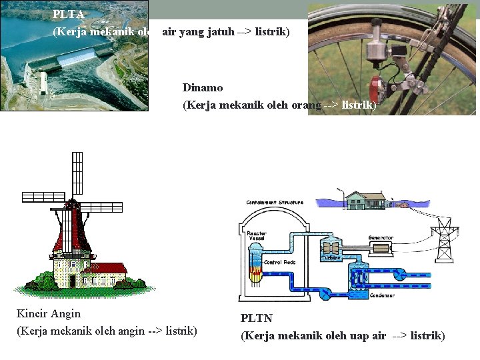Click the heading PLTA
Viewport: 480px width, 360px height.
pyautogui.click(x=68, y=14)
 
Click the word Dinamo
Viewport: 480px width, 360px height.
pyautogui.click(x=203, y=87)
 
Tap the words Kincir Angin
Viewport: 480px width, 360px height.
pyautogui.click(x=49, y=313)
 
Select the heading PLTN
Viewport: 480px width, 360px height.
pyautogui.click(x=257, y=319)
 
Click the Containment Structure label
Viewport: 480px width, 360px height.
pyautogui.click(x=275, y=202)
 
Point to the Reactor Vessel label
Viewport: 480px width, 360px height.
pyautogui.click(x=257, y=236)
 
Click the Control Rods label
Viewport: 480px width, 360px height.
pyautogui.click(x=281, y=262)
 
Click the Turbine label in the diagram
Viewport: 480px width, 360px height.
pyautogui.click(x=331, y=257)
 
